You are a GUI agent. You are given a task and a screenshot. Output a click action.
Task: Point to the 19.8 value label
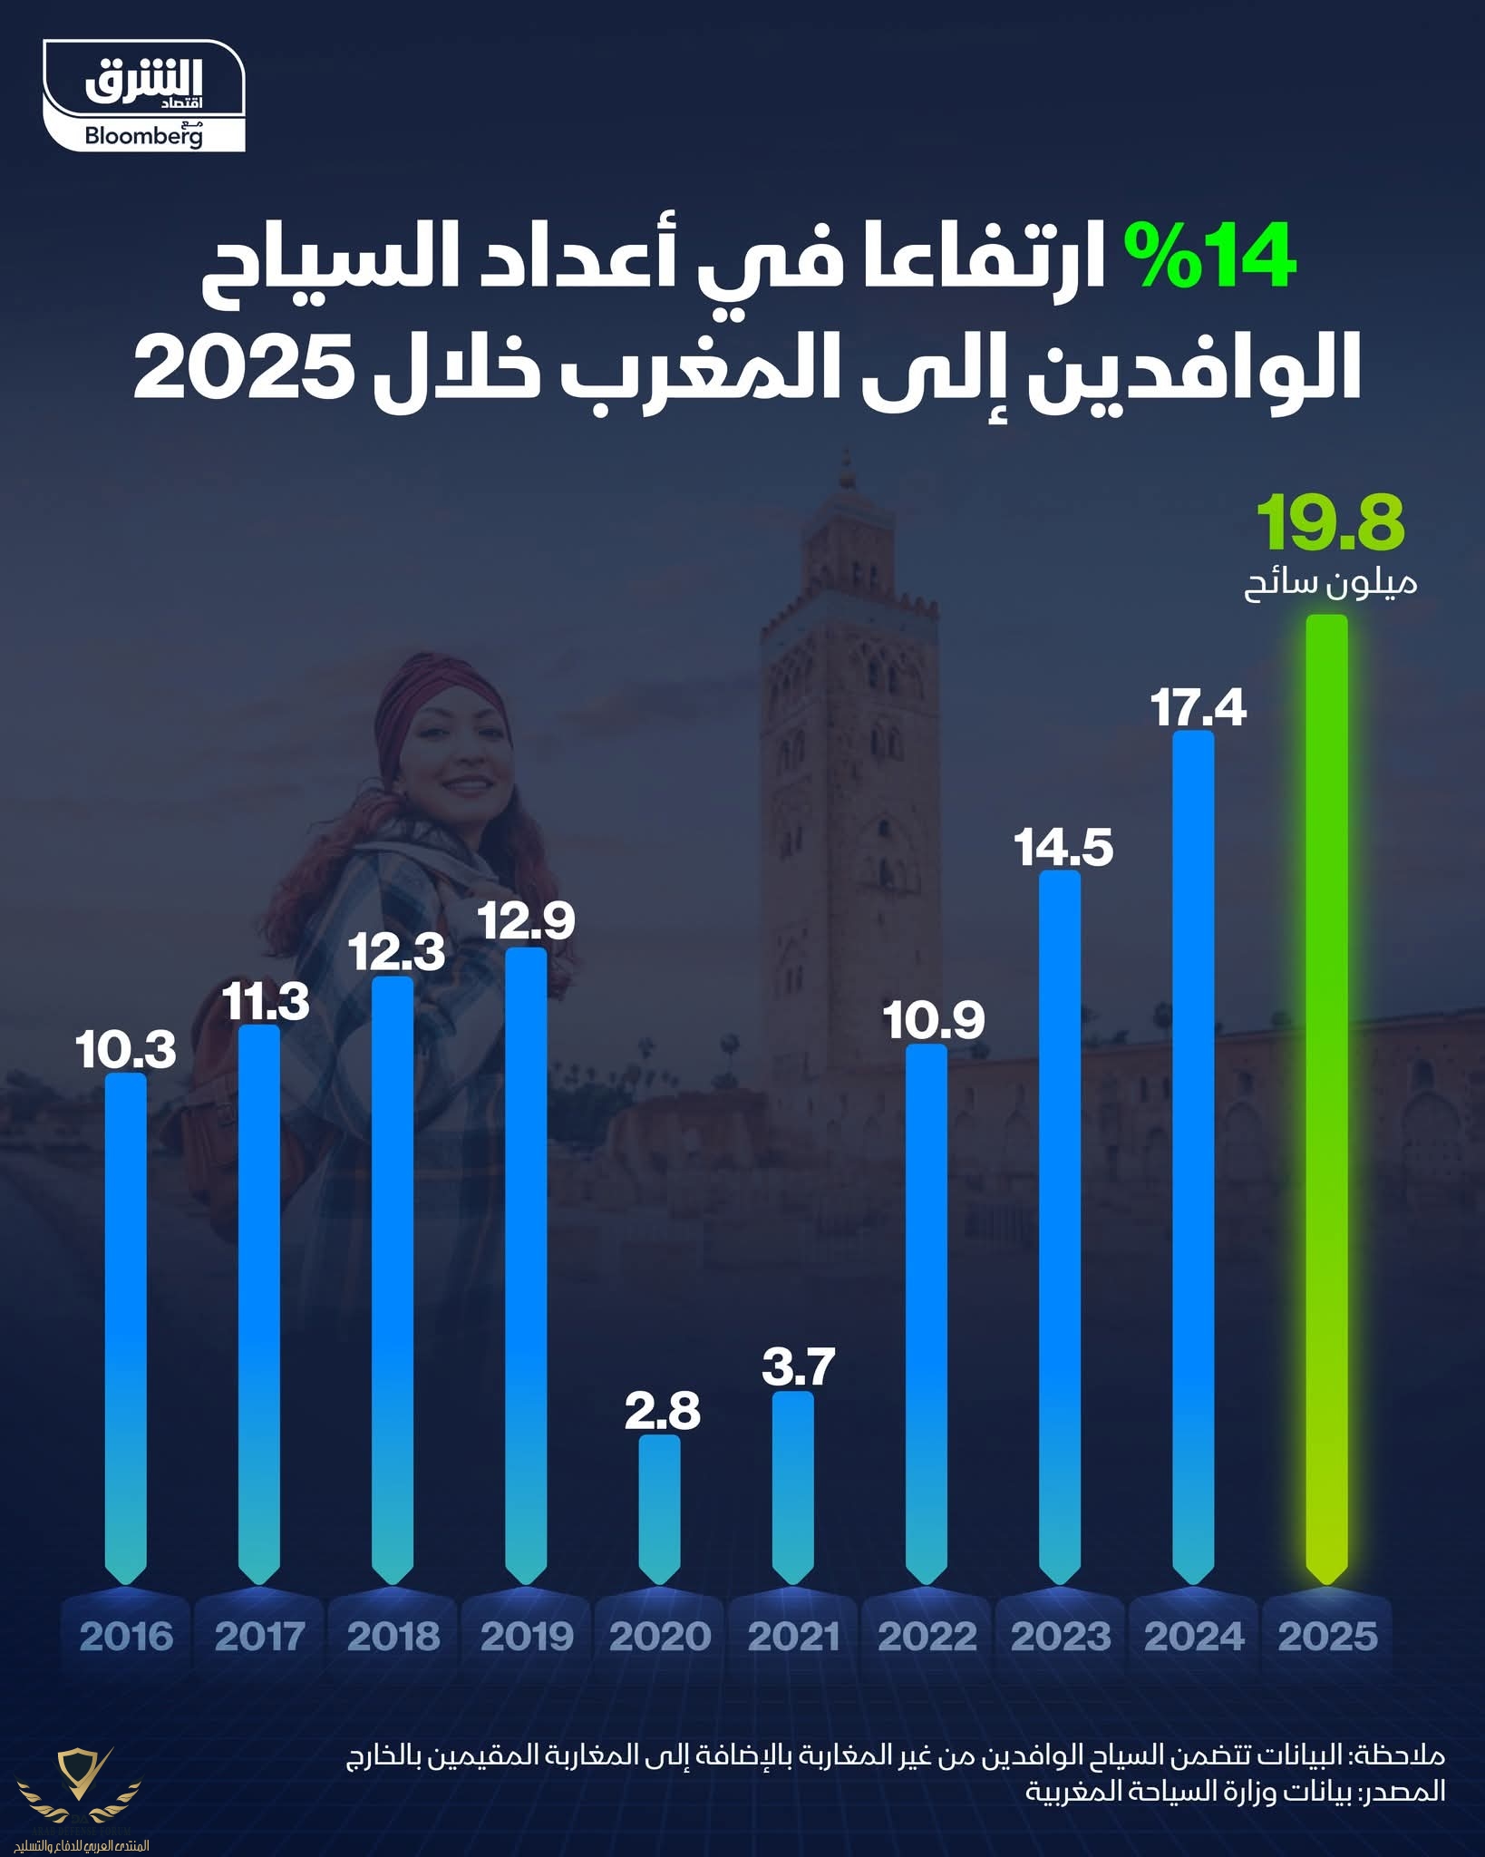point(1330,524)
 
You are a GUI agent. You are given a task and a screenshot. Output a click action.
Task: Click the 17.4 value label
point(1199,708)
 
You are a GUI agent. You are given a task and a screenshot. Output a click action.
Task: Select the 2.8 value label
point(663,1412)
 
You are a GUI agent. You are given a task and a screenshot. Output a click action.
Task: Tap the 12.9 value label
point(526,922)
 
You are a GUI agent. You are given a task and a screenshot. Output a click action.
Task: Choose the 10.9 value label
point(934,1021)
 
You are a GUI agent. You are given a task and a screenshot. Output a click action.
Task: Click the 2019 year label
point(527,1637)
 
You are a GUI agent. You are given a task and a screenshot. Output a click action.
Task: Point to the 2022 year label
point(927,1637)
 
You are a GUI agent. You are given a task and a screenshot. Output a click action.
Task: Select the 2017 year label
point(260,1637)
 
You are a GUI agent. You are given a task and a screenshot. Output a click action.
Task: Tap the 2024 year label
point(1194,1637)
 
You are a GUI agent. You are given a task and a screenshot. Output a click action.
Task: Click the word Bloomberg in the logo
point(143,136)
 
